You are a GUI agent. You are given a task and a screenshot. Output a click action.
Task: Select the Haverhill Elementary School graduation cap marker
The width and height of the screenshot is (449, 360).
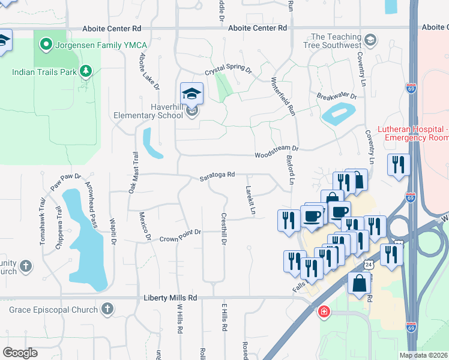(x=191, y=94)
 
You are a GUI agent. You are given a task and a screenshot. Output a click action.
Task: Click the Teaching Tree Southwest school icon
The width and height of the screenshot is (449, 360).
(x=370, y=41)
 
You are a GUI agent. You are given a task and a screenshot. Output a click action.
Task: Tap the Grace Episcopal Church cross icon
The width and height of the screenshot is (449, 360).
(x=107, y=310)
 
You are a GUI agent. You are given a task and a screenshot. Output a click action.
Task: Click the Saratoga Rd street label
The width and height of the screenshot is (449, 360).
(x=217, y=175)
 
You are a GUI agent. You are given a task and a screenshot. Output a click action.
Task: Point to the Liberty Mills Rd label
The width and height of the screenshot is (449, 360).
(x=170, y=298)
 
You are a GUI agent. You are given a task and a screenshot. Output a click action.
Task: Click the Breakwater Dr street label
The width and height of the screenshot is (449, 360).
(x=337, y=97)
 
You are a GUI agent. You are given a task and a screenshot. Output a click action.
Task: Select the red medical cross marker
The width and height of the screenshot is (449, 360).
(x=324, y=312)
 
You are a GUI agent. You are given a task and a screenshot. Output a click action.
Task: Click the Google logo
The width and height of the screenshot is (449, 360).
(x=20, y=352)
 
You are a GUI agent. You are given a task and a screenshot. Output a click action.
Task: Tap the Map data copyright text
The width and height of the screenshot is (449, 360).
(x=424, y=355)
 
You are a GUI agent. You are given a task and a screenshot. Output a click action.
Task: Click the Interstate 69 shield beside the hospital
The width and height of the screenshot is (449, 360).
(x=411, y=197)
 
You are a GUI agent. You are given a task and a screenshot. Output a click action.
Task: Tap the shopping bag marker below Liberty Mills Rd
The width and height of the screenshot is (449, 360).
(x=359, y=284)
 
